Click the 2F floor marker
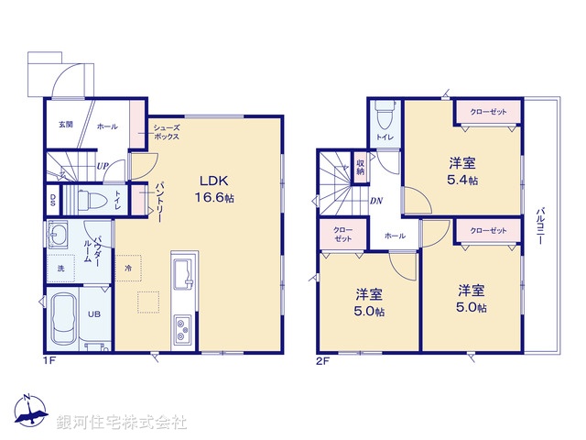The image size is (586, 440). click(322, 360)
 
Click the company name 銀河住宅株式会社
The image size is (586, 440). click(121, 423)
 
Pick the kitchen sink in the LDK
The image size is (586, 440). click(180, 273)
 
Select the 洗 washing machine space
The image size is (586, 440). click(60, 268)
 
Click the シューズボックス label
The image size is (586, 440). click(166, 131)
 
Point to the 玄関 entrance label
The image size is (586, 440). click(65, 125)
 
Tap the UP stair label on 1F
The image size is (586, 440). click(103, 166)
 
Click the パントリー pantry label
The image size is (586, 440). click(158, 196)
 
